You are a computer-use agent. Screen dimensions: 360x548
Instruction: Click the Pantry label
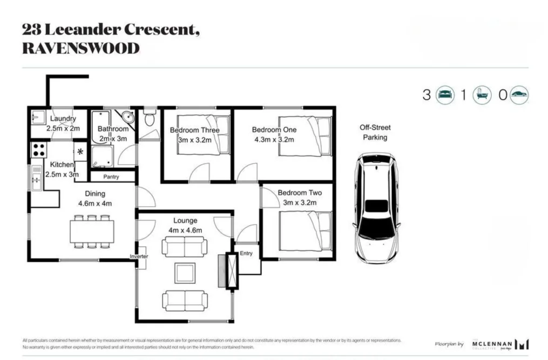click(112, 176)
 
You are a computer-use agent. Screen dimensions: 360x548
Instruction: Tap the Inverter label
click(139, 256)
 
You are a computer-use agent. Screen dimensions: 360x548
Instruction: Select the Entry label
click(246, 253)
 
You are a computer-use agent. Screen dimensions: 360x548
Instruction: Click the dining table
click(92, 232)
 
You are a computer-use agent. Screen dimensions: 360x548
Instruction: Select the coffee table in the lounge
click(185, 273)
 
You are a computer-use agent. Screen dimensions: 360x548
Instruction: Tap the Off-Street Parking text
click(375, 133)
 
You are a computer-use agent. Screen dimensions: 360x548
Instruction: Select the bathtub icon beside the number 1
click(482, 95)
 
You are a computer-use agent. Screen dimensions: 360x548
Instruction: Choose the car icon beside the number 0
click(519, 95)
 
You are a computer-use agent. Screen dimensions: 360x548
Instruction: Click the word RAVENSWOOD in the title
click(80, 49)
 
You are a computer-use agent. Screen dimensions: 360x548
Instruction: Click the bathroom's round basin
click(127, 117)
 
